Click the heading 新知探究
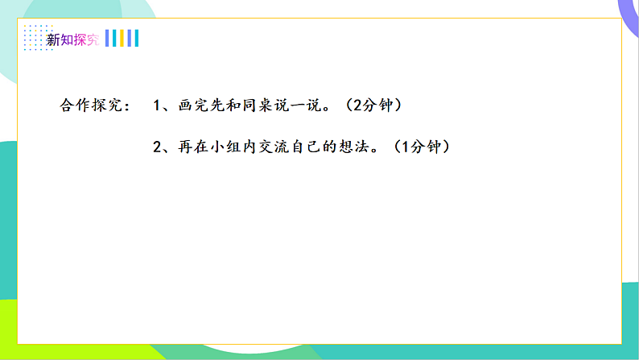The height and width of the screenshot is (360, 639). [72, 39]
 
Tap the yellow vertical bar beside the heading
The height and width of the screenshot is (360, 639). [122, 39]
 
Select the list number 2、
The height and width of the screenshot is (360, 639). [160, 147]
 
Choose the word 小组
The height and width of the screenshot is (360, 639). [231, 147]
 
